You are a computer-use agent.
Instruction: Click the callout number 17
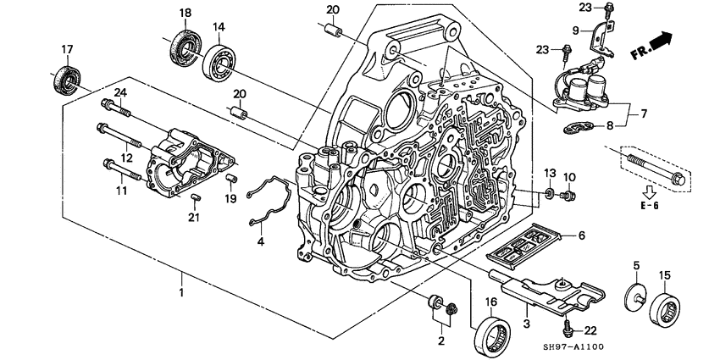click(x=67, y=48)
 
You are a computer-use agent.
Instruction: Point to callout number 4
click(x=261, y=242)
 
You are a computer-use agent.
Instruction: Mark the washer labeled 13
click(x=549, y=195)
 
